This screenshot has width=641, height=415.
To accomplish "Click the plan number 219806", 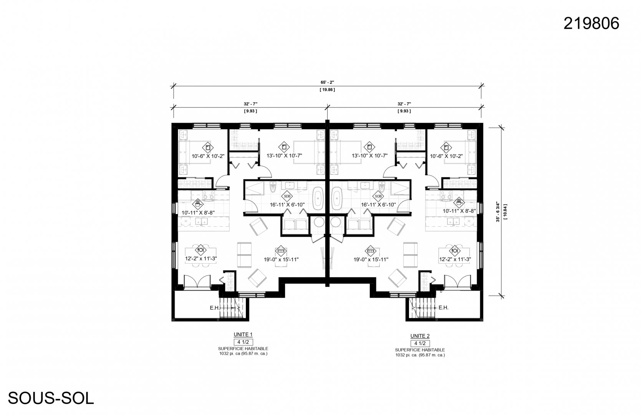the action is [591, 23].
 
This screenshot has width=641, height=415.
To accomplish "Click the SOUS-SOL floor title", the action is [51, 398].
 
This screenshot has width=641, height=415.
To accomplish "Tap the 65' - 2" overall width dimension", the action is [327, 83].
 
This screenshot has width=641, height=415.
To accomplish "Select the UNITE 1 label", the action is [243, 335].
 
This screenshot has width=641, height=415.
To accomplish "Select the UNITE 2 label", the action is [420, 336].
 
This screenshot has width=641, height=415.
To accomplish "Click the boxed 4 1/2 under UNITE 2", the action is [420, 343].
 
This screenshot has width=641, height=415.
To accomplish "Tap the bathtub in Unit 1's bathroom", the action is [317, 199].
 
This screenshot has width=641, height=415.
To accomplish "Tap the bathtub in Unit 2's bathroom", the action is [337, 199].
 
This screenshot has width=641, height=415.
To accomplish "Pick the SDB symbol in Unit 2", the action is [378, 196].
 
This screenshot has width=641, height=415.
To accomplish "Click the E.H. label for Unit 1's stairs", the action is [215, 308].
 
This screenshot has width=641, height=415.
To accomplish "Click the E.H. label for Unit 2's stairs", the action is [443, 307].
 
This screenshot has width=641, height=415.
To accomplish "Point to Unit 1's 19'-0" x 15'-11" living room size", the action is [281, 260].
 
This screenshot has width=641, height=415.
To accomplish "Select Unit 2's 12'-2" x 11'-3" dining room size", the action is [455, 259].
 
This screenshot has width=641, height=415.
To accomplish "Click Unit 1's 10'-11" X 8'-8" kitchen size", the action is [198, 213].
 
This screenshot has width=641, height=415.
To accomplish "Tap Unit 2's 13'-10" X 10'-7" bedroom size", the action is [369, 156].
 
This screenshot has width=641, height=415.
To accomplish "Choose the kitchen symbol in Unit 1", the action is [198, 204].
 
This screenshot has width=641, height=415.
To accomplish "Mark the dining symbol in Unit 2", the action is [455, 251].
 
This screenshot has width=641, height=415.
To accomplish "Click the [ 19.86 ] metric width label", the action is [327, 90].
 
